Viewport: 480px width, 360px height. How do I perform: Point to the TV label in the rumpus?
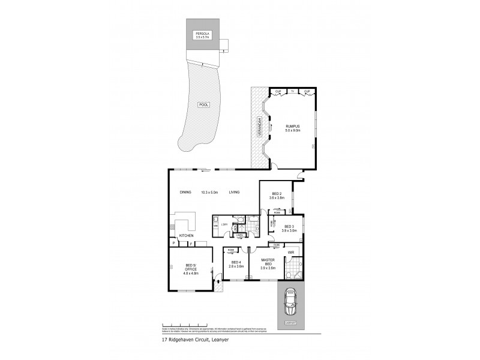pos(292,91)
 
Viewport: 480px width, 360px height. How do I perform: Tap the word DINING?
pos(186,192)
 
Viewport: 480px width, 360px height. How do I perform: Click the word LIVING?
pos(234,192)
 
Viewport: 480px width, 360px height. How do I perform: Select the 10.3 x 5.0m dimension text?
pos(209,192)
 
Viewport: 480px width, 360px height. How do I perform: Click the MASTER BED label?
pos(267,263)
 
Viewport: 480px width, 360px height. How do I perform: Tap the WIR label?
pos(291,253)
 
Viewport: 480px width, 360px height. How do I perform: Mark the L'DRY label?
pos(224,224)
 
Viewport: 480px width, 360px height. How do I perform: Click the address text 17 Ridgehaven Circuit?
pos(193,339)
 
